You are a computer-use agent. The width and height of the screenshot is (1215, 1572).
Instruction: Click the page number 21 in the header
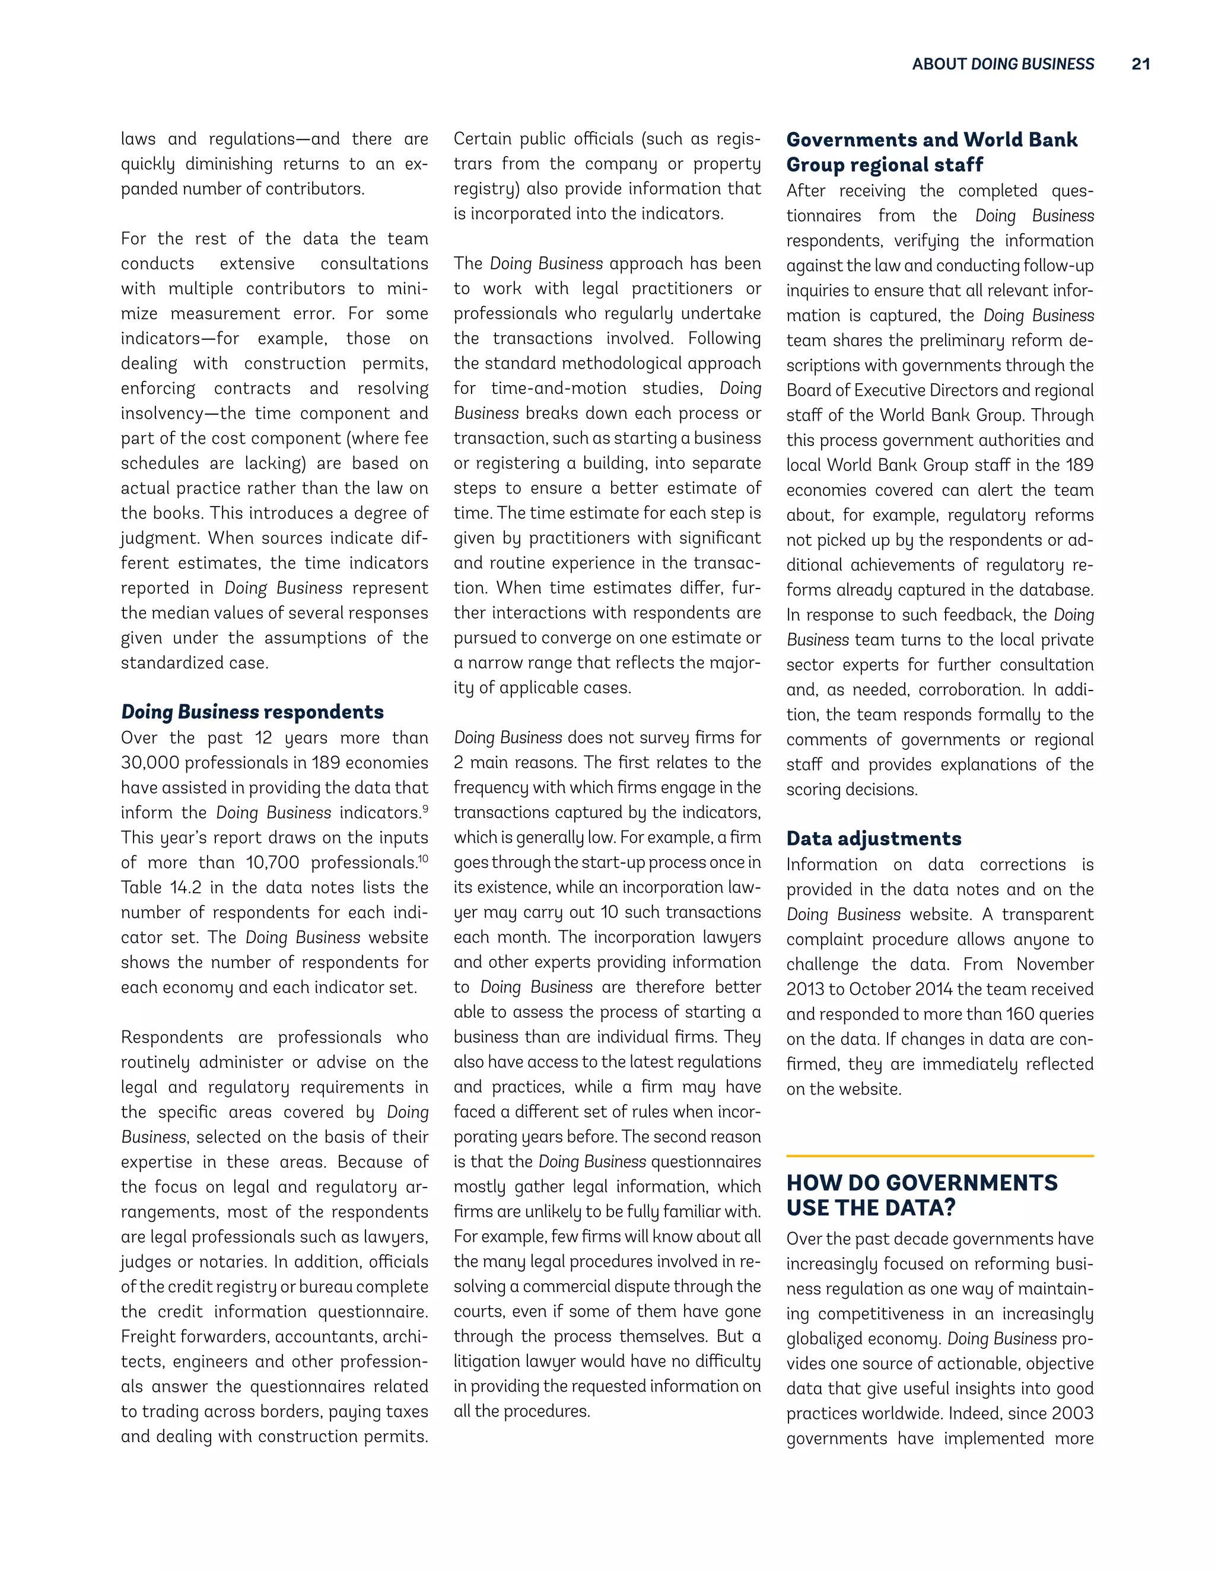tap(1140, 64)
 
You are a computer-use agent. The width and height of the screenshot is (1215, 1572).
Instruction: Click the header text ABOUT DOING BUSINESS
tap(1003, 64)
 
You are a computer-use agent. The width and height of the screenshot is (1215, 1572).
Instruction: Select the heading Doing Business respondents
tap(252, 712)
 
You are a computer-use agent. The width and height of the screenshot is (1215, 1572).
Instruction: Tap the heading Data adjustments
tap(873, 839)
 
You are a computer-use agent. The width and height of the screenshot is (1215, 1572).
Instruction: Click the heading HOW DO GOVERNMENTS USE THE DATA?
tap(921, 1195)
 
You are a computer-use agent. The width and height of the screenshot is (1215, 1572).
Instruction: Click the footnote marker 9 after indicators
tap(425, 809)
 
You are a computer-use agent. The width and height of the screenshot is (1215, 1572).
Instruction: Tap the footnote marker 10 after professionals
tap(423, 858)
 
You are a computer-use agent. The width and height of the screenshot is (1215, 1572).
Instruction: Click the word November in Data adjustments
tap(1054, 965)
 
